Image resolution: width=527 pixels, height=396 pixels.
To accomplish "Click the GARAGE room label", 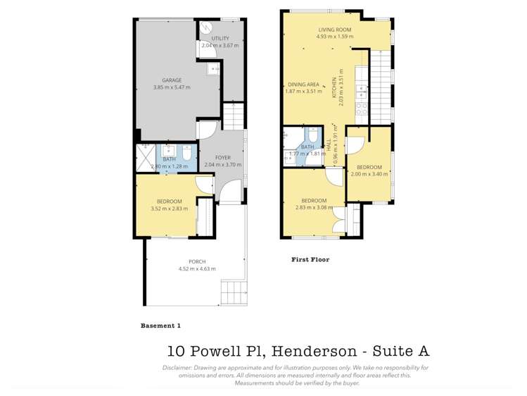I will [172, 80].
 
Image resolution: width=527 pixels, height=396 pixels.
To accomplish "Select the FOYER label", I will [222, 158].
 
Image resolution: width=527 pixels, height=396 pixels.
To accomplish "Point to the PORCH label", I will [197, 262].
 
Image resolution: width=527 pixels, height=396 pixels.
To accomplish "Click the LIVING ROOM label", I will [334, 29].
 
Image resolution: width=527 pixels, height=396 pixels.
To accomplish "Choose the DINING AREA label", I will [303, 84].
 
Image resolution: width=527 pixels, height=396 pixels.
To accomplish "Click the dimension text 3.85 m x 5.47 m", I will [172, 87].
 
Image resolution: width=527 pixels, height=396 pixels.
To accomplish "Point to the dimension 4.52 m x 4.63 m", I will [197, 269].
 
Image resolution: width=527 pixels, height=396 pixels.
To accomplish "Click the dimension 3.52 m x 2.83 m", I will [170, 209].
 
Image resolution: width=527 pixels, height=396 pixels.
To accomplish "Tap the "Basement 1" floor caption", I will [161, 326].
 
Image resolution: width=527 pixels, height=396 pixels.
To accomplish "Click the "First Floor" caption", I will [310, 259].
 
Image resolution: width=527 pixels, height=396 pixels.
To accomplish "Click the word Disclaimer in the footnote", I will [180, 368].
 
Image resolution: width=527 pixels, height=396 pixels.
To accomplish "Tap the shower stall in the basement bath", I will [146, 156].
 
